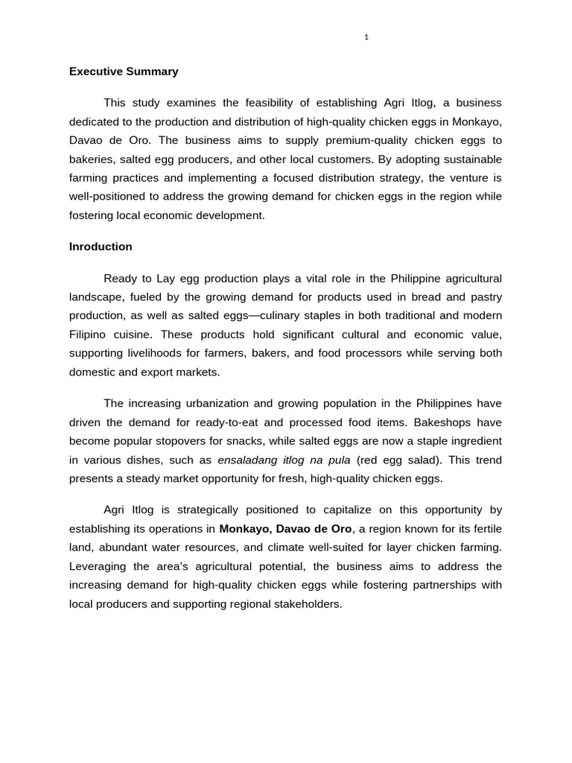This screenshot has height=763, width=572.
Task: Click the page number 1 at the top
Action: click(x=366, y=38)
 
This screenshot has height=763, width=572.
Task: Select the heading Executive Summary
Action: click(x=124, y=72)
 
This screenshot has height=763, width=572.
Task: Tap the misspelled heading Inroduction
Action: click(x=101, y=247)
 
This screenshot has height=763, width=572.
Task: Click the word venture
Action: click(x=469, y=178)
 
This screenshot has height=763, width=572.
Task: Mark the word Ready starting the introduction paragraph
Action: click(x=121, y=279)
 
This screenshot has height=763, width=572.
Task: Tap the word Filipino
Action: click(x=89, y=335)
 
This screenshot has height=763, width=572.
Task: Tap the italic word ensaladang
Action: click(x=246, y=460)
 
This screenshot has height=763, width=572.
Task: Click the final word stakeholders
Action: click(x=307, y=604)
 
